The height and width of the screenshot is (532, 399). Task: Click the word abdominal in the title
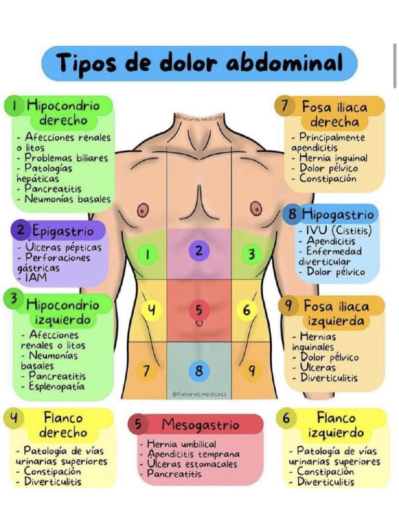tap(285, 63)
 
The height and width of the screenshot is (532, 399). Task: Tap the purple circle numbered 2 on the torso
tap(198, 250)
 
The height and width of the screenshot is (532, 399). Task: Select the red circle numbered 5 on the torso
tap(198, 310)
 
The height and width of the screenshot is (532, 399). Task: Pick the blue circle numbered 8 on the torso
tap(198, 371)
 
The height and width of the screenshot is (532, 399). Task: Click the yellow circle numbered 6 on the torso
tap(247, 310)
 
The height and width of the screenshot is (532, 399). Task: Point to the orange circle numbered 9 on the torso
tap(252, 371)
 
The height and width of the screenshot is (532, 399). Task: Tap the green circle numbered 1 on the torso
tap(148, 255)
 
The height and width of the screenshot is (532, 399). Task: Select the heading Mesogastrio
tap(200, 424)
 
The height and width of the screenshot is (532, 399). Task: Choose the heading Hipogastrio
tap(338, 214)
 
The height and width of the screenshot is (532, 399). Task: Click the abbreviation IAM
tap(35, 278)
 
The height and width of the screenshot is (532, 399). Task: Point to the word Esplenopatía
tap(57, 387)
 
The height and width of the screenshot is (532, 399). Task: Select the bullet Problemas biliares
tap(66, 158)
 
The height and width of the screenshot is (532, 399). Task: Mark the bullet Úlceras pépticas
tap(63, 247)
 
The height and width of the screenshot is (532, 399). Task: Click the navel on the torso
tap(198, 323)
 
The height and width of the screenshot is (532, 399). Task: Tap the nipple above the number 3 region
tap(255, 208)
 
